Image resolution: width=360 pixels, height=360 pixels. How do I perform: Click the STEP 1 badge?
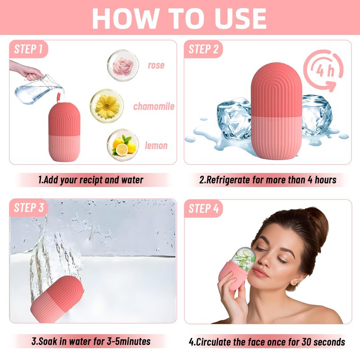28,49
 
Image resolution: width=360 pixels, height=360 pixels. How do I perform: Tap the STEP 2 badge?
203,49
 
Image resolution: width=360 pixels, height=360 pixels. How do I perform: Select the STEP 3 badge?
29,208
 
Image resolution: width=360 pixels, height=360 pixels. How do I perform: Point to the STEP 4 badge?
203,208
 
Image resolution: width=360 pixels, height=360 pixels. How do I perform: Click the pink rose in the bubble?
123,65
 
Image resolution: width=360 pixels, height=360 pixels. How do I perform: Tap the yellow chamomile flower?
107,107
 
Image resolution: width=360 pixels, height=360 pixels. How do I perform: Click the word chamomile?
154,107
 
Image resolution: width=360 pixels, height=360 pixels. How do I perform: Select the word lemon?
156,145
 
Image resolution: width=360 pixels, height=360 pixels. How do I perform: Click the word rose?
156,65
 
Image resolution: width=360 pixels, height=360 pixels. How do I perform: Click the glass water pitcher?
39,90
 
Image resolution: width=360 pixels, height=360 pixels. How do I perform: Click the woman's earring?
294,282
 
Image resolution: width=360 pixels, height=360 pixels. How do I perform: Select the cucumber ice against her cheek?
243,258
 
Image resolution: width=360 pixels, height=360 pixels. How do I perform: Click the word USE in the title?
240,18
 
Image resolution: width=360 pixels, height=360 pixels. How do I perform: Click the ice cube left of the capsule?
234,118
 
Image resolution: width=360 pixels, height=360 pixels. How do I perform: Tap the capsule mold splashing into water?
57,299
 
